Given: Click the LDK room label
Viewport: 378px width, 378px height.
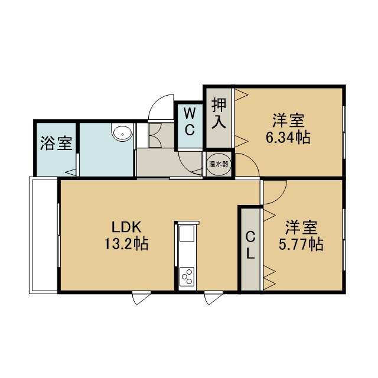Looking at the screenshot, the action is tap(126, 227).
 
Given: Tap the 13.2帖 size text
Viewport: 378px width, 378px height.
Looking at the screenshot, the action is tap(126, 244).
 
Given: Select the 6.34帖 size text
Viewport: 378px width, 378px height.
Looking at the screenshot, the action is tap(288, 138).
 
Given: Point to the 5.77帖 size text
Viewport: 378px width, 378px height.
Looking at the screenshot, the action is tap(301, 245).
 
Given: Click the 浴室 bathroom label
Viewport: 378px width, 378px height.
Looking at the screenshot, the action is tap(56, 143).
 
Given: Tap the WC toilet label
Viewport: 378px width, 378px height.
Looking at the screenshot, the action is tap(190, 122).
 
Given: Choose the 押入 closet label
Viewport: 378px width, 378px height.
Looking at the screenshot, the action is tap(219, 113).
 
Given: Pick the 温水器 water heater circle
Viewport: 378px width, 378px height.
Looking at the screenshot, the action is tap(219, 164).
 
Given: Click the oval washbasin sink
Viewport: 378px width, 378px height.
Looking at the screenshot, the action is tap(122, 132).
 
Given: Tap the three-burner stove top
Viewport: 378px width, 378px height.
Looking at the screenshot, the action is tap(187, 276).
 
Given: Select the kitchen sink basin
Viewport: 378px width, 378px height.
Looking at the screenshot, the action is tap(187, 233).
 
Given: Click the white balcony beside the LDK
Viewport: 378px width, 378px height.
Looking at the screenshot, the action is tap(43, 235).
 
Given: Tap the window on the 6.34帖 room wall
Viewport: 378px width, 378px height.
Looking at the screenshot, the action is tap(344, 132).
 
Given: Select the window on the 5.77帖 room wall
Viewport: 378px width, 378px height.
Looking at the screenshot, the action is tap(344, 240).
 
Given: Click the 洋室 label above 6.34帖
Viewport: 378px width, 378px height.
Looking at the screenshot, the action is tap(288, 120).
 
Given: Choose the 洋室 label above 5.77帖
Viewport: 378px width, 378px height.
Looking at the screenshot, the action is tap(301, 227).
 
